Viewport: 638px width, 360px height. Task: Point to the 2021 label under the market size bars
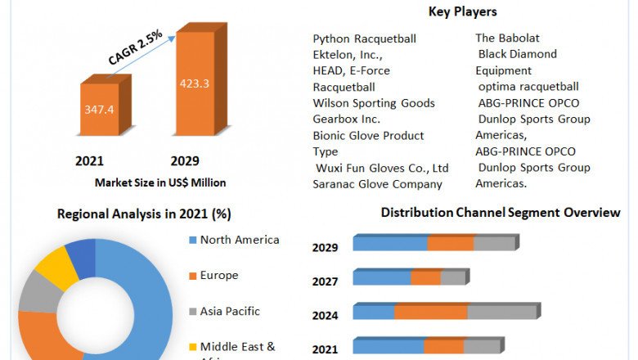coord(89,160)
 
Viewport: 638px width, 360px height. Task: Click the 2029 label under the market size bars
coord(185,160)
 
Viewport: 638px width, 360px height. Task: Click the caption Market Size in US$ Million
coord(160,182)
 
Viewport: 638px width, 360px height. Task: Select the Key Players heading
coord(462,11)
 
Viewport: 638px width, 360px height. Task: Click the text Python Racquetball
coord(364,38)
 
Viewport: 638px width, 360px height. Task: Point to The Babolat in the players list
coord(507,38)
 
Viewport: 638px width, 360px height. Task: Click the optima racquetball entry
coord(528,87)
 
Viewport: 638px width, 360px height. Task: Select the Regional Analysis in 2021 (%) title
coord(144,214)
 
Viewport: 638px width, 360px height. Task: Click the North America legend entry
coord(240,240)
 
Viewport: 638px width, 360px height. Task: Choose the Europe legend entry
coord(219,275)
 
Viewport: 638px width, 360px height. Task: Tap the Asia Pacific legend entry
coord(230,311)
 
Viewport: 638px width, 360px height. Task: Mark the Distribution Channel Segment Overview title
coord(501,213)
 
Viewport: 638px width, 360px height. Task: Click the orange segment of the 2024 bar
coord(430,312)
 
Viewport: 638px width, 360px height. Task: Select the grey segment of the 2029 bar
coord(493,243)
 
